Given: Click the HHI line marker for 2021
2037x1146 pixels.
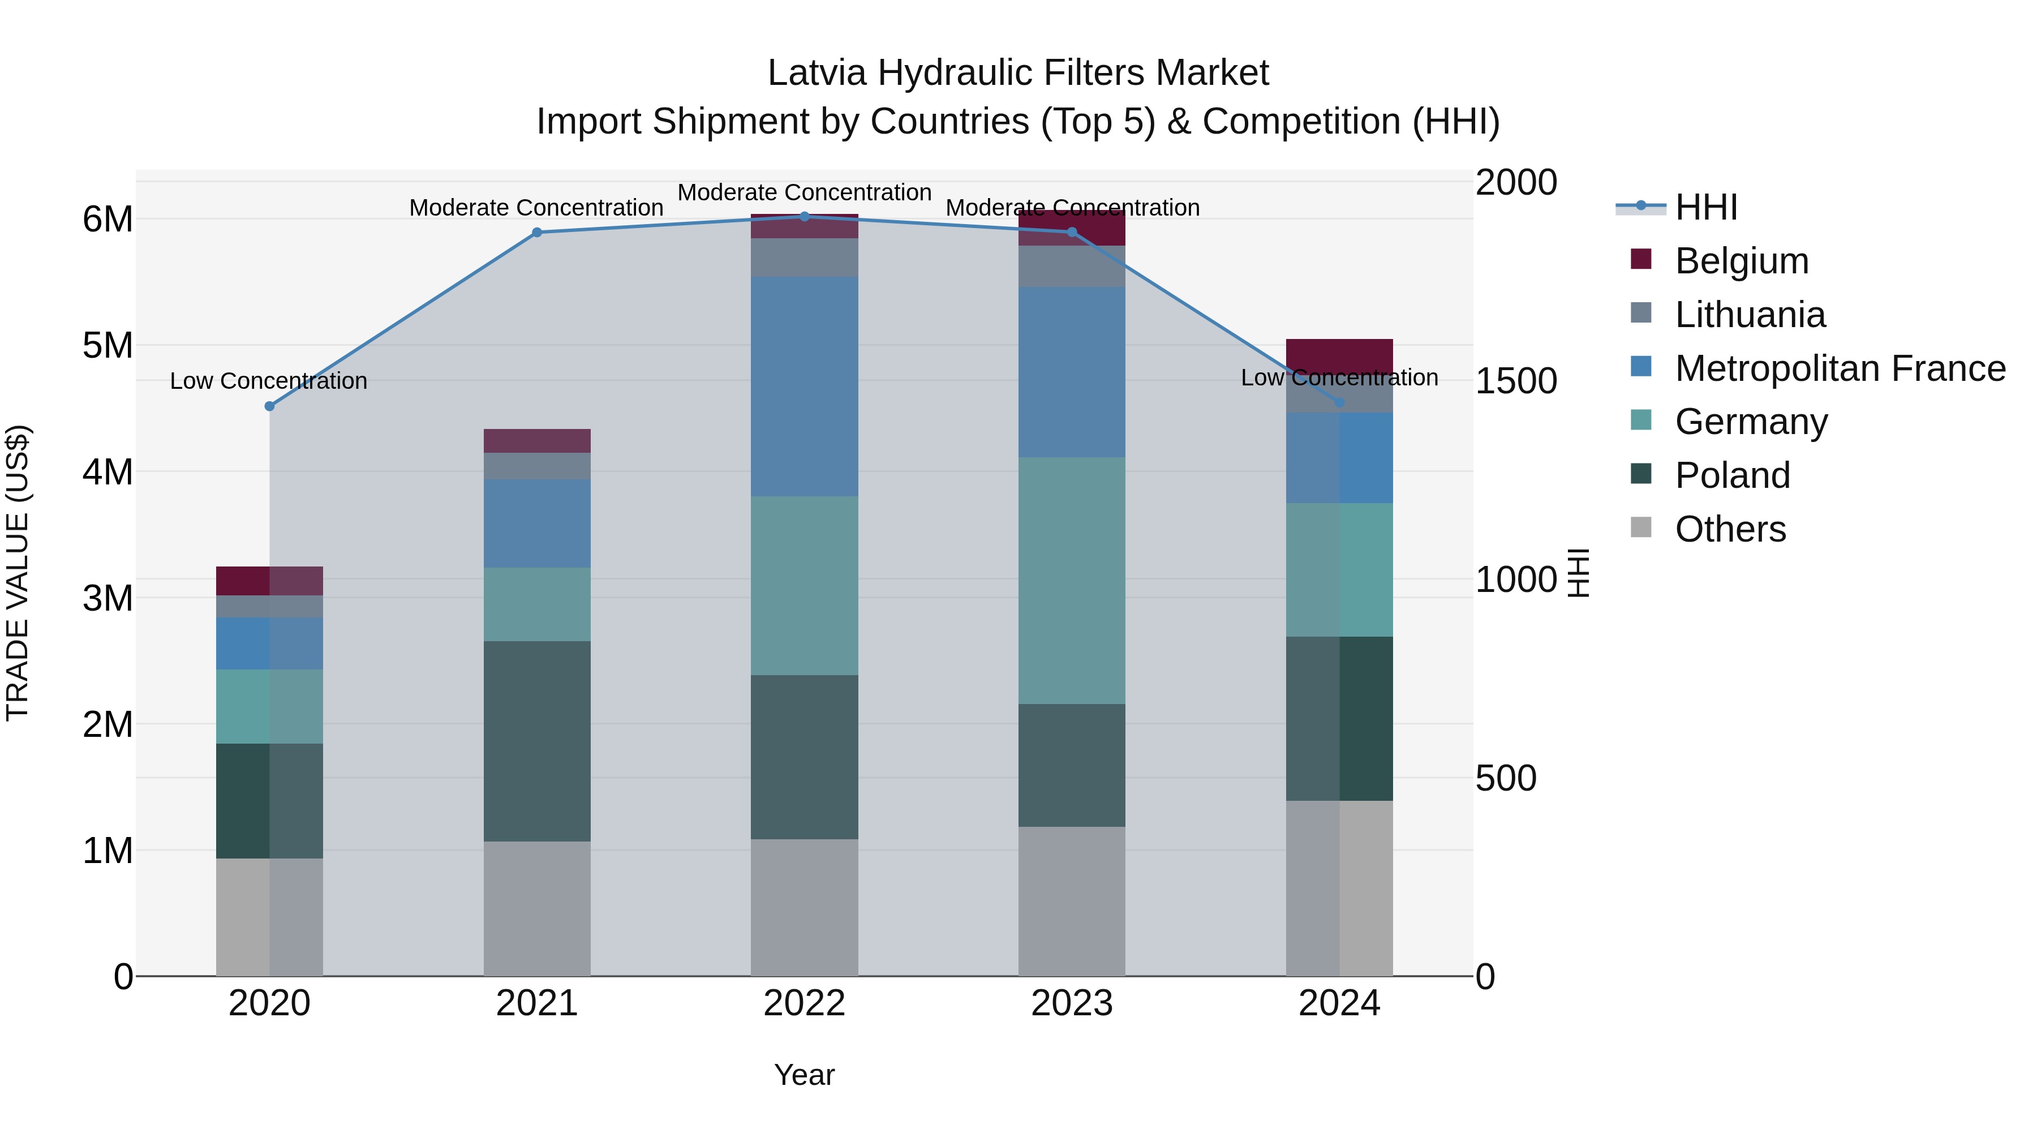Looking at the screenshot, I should click(x=537, y=233).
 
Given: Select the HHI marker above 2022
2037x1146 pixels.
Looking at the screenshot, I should click(x=804, y=217).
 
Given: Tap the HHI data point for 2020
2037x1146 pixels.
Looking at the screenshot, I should click(x=270, y=406).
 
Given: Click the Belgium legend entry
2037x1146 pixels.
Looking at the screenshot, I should click(x=1741, y=261).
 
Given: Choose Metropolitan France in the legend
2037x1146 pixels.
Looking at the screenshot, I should click(x=1840, y=368).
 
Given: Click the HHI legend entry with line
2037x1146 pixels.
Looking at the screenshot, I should click(x=1705, y=207).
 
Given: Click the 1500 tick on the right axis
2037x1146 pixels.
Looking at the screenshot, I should click(x=1516, y=381).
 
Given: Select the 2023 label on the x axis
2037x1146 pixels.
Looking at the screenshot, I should click(x=1072, y=1003).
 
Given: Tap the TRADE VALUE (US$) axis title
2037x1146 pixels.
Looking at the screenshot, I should click(x=18, y=573).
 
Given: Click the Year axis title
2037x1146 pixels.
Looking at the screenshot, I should click(x=804, y=1075).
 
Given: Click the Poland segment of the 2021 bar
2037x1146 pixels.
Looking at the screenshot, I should click(x=537, y=741).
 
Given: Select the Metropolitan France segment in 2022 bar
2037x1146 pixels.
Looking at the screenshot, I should click(x=804, y=387).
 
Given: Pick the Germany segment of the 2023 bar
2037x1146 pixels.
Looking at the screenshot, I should click(x=1072, y=581).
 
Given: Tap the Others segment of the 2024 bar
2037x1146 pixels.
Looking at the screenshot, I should click(x=1339, y=888).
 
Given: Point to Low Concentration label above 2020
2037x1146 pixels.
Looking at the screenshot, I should click(x=269, y=381).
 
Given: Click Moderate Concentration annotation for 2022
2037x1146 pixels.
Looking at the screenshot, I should click(x=804, y=193).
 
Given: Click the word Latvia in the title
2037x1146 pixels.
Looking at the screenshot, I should click(x=818, y=74).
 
